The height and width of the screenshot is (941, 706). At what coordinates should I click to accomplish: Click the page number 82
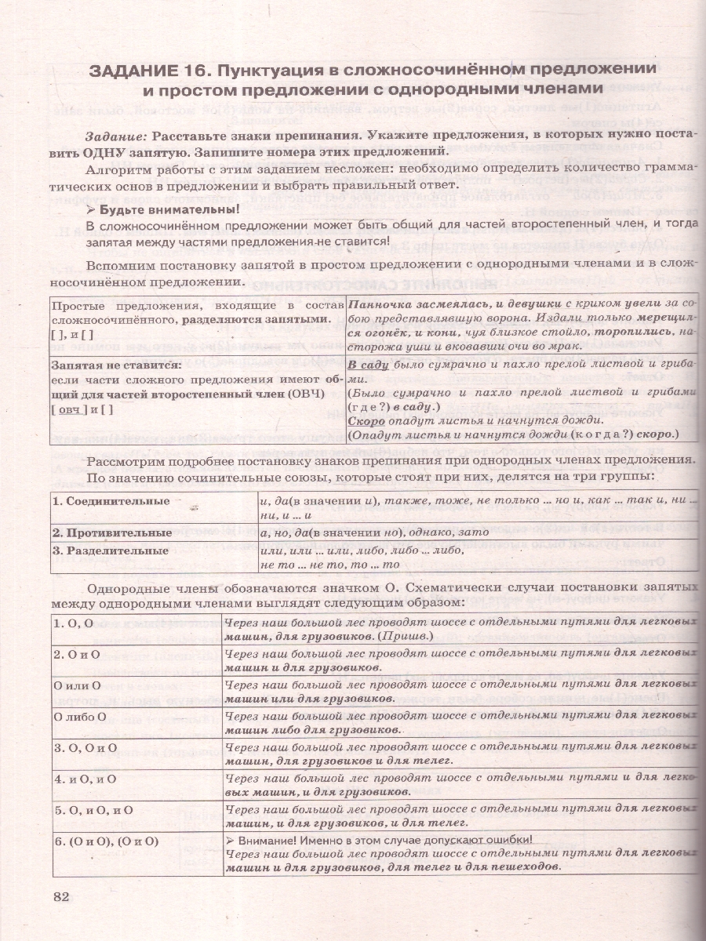tap(60, 897)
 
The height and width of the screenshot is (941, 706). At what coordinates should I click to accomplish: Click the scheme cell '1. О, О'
tap(73, 623)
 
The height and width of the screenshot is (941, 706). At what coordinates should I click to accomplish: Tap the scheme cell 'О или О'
tap(77, 685)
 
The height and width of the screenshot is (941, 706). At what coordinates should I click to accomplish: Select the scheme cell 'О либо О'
tap(80, 716)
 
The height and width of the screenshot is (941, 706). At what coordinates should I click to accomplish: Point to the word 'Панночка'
tap(377, 303)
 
